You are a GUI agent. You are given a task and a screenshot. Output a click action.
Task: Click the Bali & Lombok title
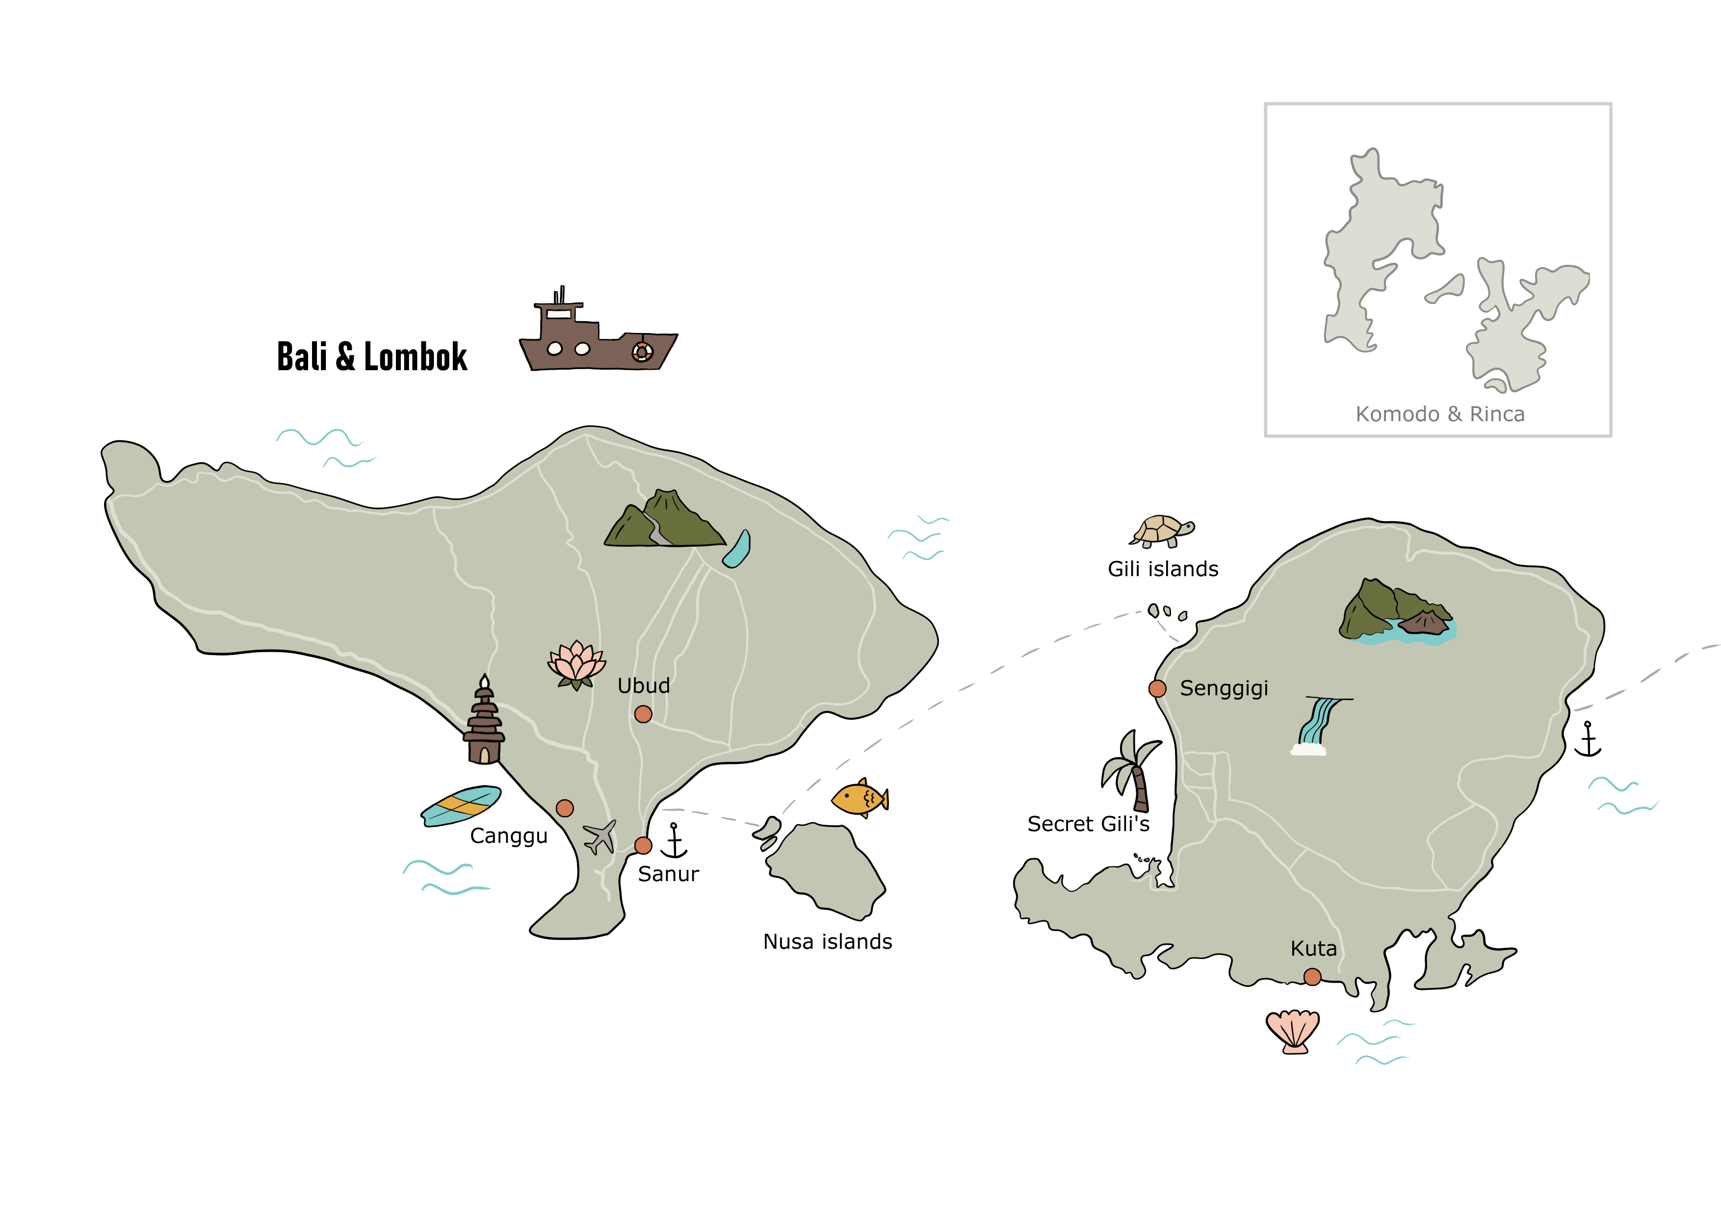tap(372, 356)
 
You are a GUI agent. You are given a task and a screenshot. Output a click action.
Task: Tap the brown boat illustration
tap(598, 337)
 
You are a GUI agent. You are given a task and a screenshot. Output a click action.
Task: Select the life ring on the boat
tap(642, 352)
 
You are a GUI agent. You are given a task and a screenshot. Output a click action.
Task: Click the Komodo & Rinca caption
tap(1439, 414)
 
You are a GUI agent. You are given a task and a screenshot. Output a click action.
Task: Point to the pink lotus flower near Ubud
tap(575, 664)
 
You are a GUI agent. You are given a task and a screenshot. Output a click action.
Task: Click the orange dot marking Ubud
tap(643, 714)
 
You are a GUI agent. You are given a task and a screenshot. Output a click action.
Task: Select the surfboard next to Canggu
tap(461, 806)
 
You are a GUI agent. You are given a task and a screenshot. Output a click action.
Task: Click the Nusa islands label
tap(828, 942)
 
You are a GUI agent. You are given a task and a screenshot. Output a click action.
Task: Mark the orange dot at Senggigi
tap(1157, 688)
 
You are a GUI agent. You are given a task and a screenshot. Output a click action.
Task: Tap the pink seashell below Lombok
tap(1293, 1032)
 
